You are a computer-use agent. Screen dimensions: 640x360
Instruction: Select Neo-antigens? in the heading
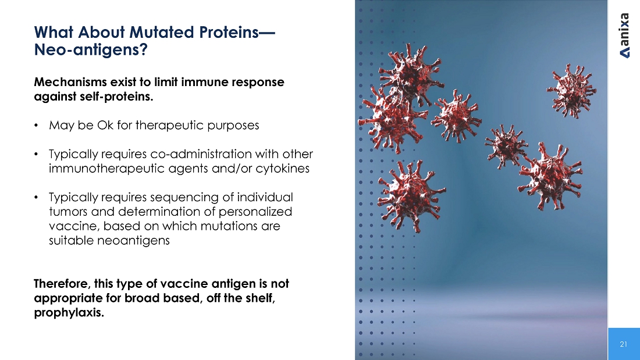click(x=91, y=50)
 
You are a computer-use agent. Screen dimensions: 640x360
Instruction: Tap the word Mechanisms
click(x=70, y=81)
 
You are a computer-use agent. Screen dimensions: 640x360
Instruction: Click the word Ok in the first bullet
click(x=105, y=125)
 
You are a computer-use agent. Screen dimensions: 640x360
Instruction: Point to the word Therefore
click(x=62, y=284)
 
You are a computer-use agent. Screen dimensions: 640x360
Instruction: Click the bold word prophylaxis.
click(x=69, y=313)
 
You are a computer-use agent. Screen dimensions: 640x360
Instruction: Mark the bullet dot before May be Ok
click(x=36, y=125)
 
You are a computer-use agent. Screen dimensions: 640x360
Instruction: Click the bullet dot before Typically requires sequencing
click(x=36, y=198)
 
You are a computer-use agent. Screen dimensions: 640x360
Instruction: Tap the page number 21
click(x=623, y=344)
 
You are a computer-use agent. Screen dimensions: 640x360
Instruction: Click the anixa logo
click(x=624, y=35)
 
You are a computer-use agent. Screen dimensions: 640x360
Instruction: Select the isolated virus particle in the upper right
click(x=571, y=91)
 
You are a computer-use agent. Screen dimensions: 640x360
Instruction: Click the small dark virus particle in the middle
click(x=506, y=146)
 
